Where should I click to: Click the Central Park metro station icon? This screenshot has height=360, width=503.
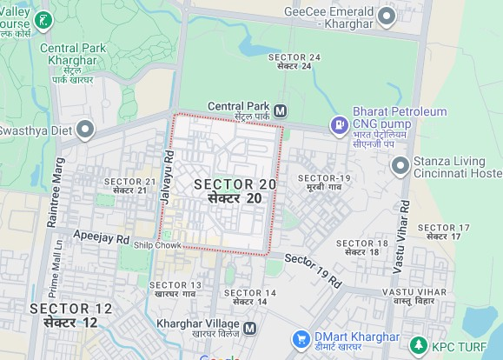click(280, 111)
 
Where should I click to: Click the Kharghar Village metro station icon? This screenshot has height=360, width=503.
click(250, 329)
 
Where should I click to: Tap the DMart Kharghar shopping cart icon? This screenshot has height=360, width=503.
click(301, 338)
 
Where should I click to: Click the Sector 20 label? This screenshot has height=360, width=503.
click(235, 190)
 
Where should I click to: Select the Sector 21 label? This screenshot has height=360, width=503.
click(129, 185)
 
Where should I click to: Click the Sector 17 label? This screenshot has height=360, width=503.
click(444, 231)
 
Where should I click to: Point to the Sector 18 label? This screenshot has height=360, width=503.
click(361, 247)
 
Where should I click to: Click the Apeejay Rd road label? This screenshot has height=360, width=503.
click(101, 237)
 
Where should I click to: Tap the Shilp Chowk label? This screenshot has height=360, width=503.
click(156, 246)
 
